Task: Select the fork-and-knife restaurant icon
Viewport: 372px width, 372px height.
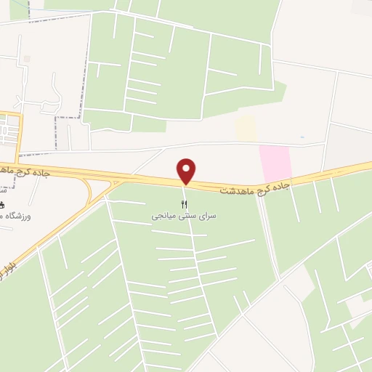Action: point(184,203)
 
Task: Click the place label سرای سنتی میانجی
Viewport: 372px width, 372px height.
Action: point(184,216)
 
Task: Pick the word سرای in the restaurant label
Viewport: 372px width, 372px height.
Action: point(208,216)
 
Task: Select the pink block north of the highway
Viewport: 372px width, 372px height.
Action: point(275,162)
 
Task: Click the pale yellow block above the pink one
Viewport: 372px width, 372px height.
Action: point(246,129)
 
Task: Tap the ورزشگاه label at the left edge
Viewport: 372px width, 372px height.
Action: point(20,216)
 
